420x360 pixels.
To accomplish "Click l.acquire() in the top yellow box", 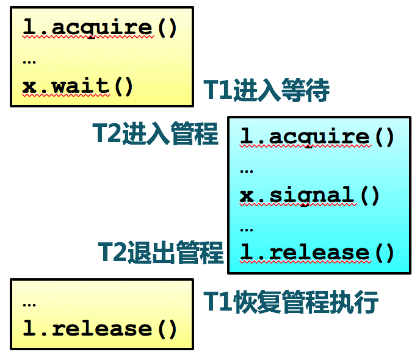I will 100,27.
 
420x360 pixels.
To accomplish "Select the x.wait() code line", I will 78,86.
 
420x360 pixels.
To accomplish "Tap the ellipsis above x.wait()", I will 29,60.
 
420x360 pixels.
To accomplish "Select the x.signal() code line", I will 310,195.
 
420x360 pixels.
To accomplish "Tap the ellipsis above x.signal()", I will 247,168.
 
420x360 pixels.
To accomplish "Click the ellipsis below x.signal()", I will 247,228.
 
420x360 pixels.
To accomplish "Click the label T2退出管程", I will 161,253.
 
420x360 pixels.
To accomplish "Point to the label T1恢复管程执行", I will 291,303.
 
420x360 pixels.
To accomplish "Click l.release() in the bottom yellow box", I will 100,329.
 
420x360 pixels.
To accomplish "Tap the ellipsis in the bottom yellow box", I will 29,303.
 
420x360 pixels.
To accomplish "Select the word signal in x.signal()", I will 311,195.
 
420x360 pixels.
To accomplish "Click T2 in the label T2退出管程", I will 112,253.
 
